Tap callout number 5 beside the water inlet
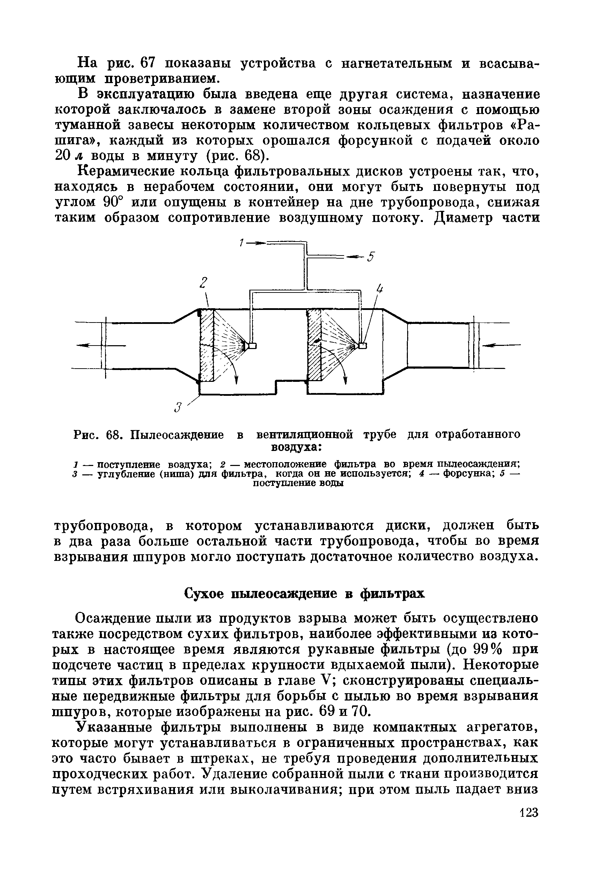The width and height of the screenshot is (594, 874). click(371, 257)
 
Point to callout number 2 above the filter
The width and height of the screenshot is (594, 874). click(204, 283)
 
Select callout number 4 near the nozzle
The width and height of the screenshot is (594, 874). click(380, 290)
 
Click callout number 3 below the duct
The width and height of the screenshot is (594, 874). click(178, 407)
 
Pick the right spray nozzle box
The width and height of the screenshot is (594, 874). click(362, 345)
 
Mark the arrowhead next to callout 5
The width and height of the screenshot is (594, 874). click(353, 257)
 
